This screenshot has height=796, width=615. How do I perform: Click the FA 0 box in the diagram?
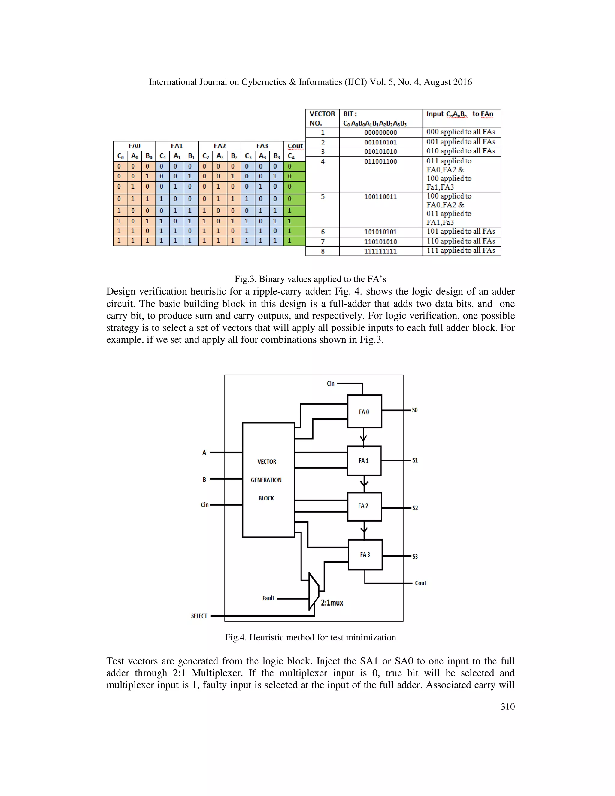[364, 411]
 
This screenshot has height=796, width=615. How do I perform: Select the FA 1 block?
[364, 461]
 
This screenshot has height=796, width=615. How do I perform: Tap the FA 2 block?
[364, 506]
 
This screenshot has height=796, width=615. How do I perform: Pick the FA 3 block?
[365, 554]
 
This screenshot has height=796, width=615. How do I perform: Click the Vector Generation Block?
[268, 480]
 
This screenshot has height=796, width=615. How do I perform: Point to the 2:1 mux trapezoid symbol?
[313, 591]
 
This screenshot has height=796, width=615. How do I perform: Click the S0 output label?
[415, 410]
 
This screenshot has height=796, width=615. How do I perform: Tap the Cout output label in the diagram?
[420, 583]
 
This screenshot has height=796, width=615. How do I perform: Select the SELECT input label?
[199, 616]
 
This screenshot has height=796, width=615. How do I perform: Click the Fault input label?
[268, 598]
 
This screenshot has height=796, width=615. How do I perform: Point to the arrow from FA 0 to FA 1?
[363, 437]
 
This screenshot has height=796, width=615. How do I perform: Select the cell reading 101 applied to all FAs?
[461, 231]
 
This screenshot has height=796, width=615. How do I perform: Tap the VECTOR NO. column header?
[322, 118]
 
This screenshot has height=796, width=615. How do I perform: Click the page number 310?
[507, 707]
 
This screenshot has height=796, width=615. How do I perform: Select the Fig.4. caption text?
[310, 637]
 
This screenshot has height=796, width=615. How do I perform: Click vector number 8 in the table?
[323, 251]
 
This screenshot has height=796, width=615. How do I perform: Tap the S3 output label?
[415, 557]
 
